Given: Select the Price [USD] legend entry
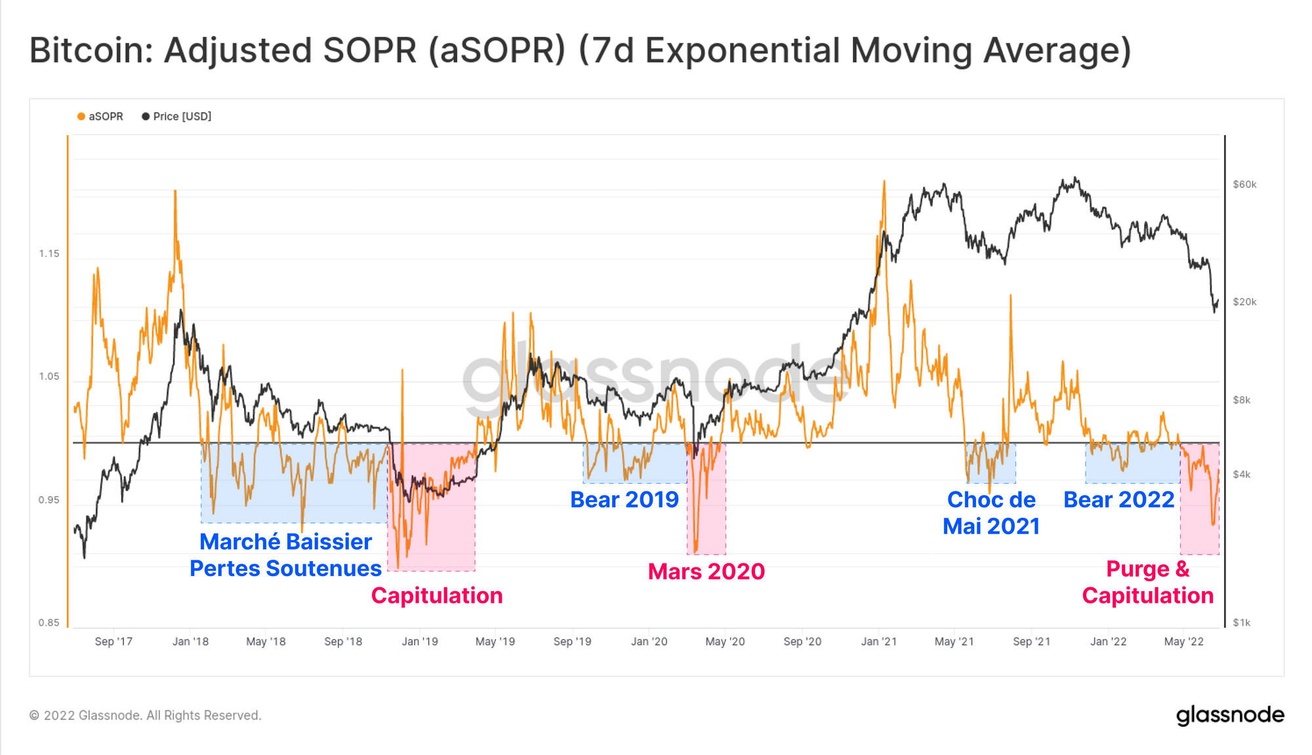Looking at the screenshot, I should coord(176,117).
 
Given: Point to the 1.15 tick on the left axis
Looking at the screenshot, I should coord(49,254).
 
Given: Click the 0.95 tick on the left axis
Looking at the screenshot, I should coord(49,500).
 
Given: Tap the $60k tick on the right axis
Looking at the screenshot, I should coord(1244,185).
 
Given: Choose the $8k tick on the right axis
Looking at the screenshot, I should coord(1242,400).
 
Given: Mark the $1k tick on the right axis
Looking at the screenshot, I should coord(1242,623).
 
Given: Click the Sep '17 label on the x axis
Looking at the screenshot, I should coord(113,642).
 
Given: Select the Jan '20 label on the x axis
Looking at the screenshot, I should coord(649,642).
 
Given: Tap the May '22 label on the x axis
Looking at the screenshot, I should coord(1183,642).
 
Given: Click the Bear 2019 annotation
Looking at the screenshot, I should coord(624,500).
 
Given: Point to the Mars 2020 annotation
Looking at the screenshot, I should coord(706,571).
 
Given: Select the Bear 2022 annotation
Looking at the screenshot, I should coord(1118,500).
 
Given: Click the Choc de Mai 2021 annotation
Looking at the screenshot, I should coord(991,513).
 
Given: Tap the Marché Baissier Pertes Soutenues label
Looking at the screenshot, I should coord(285,555).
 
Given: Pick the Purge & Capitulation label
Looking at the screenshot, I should coord(1147,582).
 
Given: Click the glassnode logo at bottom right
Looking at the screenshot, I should coord(1230,715).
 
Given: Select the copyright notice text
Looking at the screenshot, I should coord(146,716).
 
